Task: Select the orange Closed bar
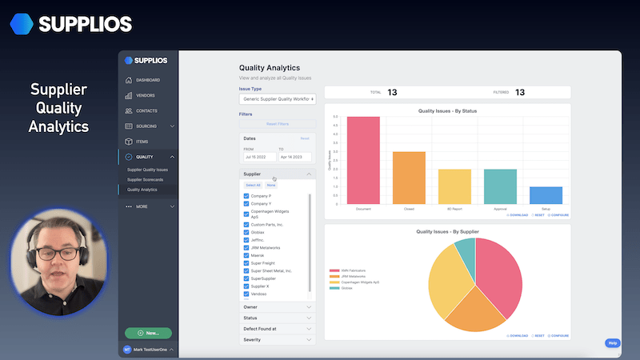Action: point(409,178)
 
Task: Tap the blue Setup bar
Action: point(546,195)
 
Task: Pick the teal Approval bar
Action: point(500,186)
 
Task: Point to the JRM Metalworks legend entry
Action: point(349,276)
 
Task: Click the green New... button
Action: point(148,332)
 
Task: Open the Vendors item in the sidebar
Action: point(146,95)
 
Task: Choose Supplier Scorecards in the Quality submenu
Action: point(147,180)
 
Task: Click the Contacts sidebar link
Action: point(146,110)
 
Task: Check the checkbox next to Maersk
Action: point(246,255)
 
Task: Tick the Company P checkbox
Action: point(246,196)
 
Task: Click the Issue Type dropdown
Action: point(278,99)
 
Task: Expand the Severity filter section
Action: point(278,340)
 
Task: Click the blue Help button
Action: point(613,343)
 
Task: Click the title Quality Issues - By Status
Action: point(447,110)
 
